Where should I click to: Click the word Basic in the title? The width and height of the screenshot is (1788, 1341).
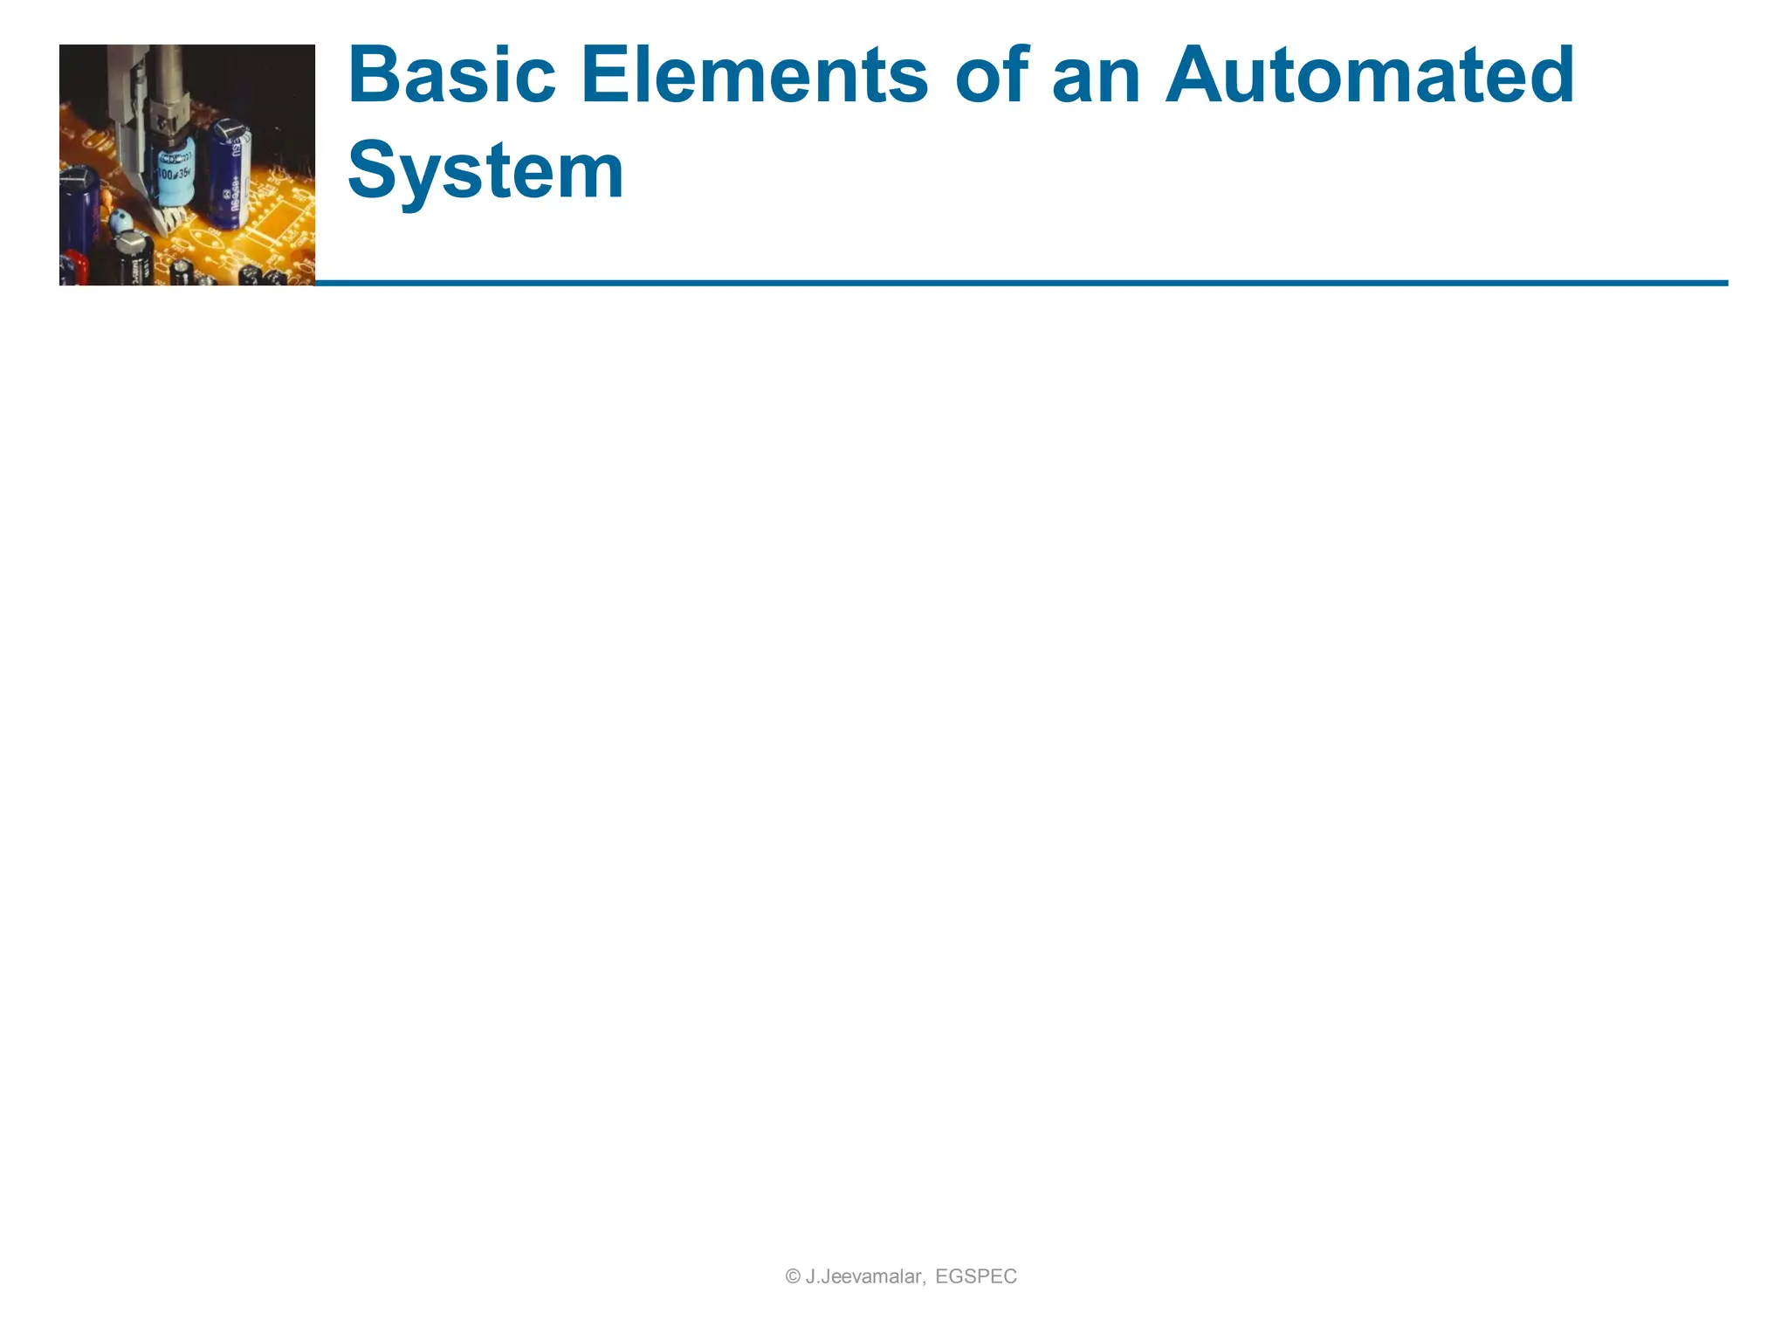point(451,76)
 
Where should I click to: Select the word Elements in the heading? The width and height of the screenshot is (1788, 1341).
point(753,76)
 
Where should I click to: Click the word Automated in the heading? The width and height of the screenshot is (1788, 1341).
point(1370,76)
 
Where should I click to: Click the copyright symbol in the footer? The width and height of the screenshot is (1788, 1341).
point(793,1276)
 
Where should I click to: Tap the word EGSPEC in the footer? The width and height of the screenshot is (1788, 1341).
point(976,1276)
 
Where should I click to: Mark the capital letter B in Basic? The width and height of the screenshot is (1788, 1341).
point(374,76)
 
